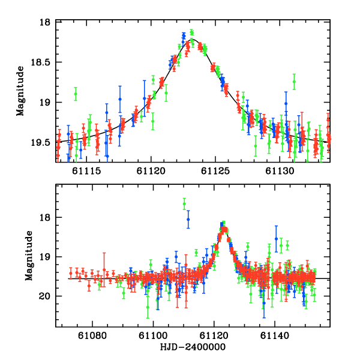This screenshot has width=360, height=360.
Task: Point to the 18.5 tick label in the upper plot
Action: (x=41, y=62)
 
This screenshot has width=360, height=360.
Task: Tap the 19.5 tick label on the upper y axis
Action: (x=41, y=142)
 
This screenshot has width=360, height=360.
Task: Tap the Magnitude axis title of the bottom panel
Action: (x=28, y=256)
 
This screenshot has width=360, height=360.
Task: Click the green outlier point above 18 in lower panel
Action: (x=184, y=205)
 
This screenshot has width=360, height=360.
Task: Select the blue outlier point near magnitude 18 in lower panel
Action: (x=188, y=220)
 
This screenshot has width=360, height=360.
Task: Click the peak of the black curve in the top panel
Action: (x=192, y=40)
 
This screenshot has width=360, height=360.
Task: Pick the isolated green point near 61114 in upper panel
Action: (x=76, y=94)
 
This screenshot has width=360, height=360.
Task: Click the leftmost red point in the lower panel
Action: (x=71, y=273)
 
